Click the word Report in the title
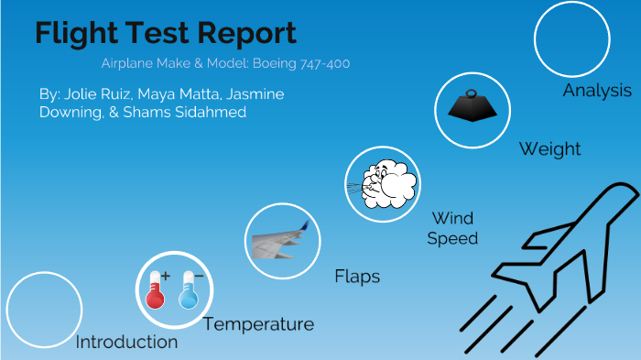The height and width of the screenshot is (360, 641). tap(246, 34)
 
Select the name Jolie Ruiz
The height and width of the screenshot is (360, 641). tap(98, 94)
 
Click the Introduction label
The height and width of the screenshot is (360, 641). tap(126, 342)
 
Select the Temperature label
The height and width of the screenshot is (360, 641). tap(258, 324)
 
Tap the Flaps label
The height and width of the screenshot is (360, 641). tap(357, 276)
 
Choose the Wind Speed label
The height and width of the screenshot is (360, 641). tap(453, 228)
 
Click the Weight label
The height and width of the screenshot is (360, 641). tap(549, 148)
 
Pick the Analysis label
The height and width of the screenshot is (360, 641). tap(596, 91)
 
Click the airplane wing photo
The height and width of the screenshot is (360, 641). tap(284, 241)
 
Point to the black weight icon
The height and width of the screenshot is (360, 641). tap(472, 107)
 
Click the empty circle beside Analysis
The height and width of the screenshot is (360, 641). tap(571, 38)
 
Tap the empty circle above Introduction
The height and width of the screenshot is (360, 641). tap(44, 310)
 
